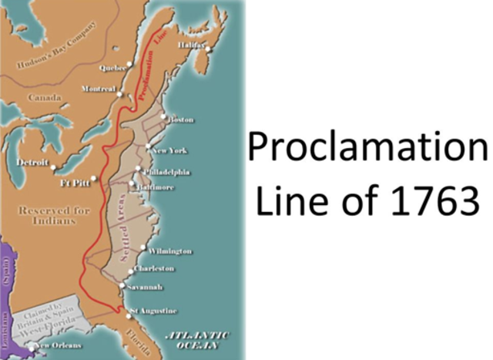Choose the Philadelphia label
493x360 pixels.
tap(165, 171)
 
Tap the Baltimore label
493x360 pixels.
tap(156, 187)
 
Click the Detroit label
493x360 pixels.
tap(32, 163)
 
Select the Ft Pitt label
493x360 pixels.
tap(74, 183)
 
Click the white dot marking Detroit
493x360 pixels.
tap(53, 167)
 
